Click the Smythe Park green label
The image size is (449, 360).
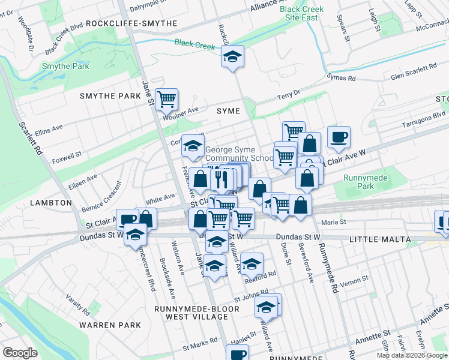(65, 66)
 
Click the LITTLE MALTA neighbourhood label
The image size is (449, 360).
(383, 239)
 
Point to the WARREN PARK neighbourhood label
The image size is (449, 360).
(110, 325)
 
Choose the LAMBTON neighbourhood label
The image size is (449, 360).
(51, 203)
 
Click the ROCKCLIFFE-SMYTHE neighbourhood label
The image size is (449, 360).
(131, 23)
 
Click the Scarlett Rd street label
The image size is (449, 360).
(30, 139)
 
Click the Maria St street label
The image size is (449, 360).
(334, 222)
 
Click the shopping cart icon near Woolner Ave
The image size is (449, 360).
(166, 98)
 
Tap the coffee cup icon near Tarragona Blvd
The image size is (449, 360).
(339, 136)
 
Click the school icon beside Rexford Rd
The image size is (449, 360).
(252, 263)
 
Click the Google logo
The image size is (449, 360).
(20, 353)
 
